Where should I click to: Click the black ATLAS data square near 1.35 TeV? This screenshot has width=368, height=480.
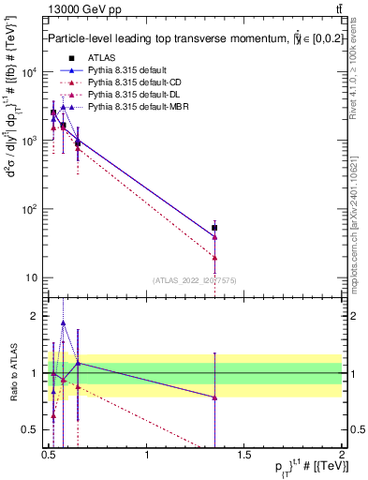click(214, 228)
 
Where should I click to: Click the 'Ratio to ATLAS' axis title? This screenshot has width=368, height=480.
click(13, 373)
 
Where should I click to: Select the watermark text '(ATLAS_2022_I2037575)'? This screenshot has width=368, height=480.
click(196, 280)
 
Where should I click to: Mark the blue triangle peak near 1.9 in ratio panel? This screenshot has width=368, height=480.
click(63, 322)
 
